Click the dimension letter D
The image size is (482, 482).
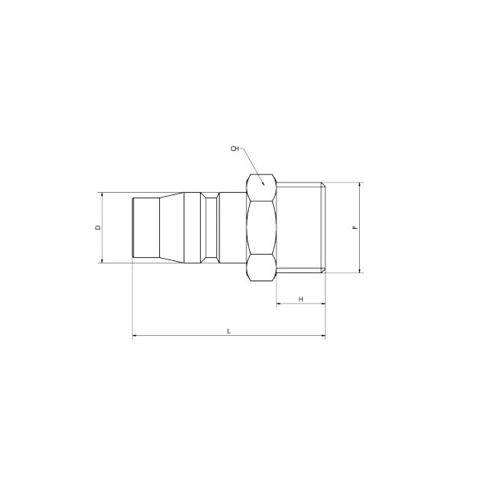98,227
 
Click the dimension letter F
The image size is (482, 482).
355,228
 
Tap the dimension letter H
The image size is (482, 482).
300,299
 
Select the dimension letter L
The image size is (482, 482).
229,331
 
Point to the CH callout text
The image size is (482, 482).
235,149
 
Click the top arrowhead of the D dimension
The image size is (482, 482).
102,195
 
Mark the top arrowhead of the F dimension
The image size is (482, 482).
360,185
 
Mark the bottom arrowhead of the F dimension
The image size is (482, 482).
360,271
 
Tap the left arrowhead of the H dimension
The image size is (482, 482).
279,304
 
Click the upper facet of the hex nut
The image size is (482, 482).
262,187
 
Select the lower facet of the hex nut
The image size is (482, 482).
262,268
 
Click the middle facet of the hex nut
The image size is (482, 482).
262,227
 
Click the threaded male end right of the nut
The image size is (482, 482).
300,227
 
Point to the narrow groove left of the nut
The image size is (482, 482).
211,227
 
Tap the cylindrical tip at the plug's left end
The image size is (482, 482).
143,227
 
